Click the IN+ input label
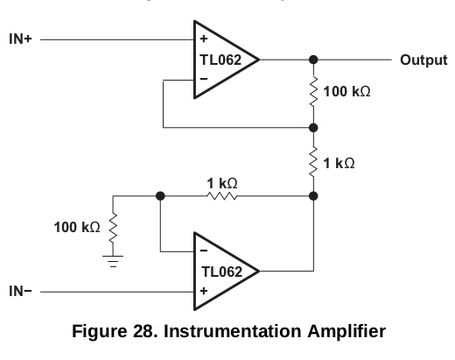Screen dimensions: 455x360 (20, 39)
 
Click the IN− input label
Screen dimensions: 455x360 (20, 291)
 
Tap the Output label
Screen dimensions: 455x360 (423, 60)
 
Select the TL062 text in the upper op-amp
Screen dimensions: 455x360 (220, 60)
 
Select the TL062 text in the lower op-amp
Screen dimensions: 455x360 (221, 272)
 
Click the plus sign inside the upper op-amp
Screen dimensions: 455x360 (204, 39)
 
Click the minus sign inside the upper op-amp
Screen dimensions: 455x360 (204, 79)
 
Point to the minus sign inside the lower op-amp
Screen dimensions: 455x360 (204, 251)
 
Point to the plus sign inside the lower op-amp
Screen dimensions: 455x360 (204, 291)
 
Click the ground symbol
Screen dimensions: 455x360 (113, 261)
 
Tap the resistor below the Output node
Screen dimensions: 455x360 (313, 92)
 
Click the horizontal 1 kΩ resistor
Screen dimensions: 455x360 (222, 196)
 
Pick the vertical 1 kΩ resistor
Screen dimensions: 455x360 (313, 162)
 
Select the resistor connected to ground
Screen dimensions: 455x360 (113, 228)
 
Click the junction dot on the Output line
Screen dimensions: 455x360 (313, 60)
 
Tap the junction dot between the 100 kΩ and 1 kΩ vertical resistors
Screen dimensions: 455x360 (313, 128)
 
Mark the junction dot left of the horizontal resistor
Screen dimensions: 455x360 (160, 196)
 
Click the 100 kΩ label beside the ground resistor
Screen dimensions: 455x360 (77, 227)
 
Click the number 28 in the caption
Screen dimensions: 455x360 (143, 331)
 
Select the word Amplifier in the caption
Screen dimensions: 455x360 (346, 332)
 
